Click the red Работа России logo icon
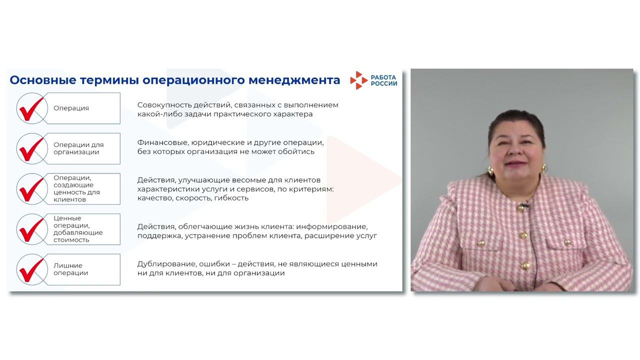click(x=358, y=80)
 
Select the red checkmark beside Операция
click(x=31, y=108)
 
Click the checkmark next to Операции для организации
click(x=31, y=148)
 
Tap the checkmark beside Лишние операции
click(x=31, y=269)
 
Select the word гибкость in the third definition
click(x=232, y=198)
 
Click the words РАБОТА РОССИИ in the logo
click(x=384, y=80)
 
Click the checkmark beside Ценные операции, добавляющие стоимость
click(x=31, y=229)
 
